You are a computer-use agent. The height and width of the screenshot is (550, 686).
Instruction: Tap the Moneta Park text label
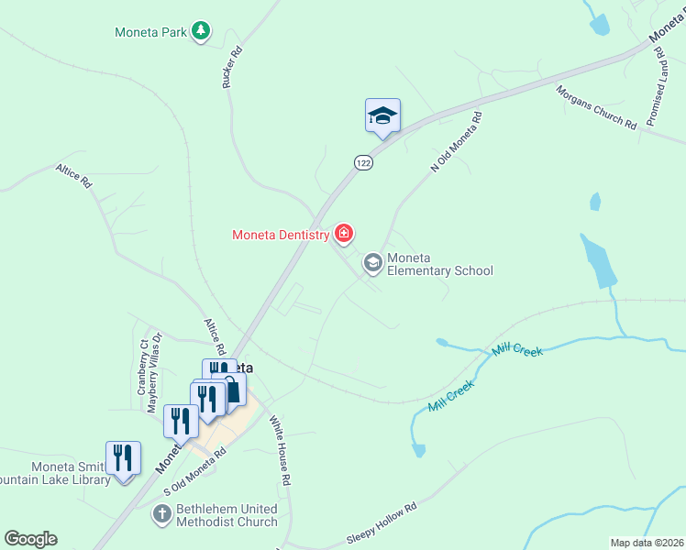tap(150, 32)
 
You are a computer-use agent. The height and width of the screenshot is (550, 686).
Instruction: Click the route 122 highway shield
tap(363, 162)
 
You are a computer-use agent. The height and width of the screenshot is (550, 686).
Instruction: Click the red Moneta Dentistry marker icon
tap(344, 235)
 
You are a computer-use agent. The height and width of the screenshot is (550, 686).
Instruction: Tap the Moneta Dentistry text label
tap(280, 236)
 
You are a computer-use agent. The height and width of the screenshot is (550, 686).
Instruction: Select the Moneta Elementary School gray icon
tap(372, 264)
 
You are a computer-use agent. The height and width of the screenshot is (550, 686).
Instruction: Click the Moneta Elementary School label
tap(439, 264)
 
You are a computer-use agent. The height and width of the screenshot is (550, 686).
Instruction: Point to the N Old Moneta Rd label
tap(456, 142)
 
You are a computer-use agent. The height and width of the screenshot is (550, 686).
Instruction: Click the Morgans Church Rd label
tap(596, 108)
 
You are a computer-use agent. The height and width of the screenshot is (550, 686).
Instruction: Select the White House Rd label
tap(280, 450)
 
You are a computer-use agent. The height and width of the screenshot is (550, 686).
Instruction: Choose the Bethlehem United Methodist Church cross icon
tap(160, 514)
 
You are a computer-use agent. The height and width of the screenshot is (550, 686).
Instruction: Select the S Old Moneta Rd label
tap(194, 473)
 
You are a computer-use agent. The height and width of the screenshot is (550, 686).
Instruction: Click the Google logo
tap(30, 539)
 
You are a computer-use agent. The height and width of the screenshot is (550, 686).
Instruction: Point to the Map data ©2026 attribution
tap(647, 543)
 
